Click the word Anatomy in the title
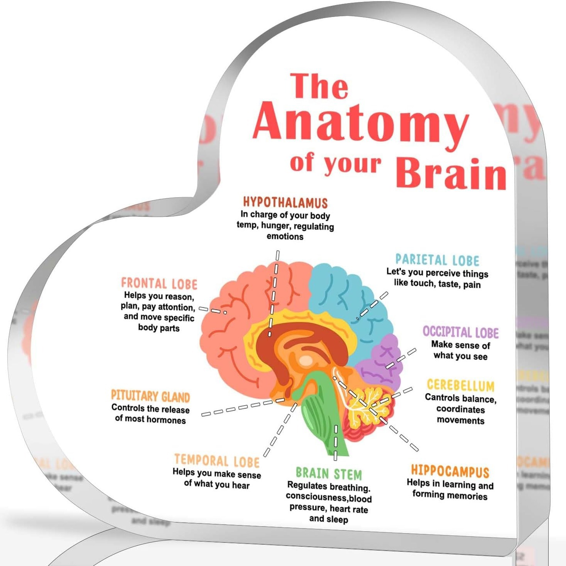tap(360, 123)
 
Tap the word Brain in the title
tap(451, 174)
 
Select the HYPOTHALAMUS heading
tap(285, 203)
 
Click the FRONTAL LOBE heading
tap(159, 284)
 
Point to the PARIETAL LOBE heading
tap(437, 260)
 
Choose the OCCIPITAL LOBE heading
tap(460, 332)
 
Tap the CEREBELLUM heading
tap(460, 385)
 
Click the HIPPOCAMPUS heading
tap(450, 471)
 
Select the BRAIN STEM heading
tap(329, 474)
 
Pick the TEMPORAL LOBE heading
tap(217, 460)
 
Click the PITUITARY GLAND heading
tap(150, 396)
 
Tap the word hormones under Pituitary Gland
tap(167, 420)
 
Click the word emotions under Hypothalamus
tap(285, 237)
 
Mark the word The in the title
tap(320, 86)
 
